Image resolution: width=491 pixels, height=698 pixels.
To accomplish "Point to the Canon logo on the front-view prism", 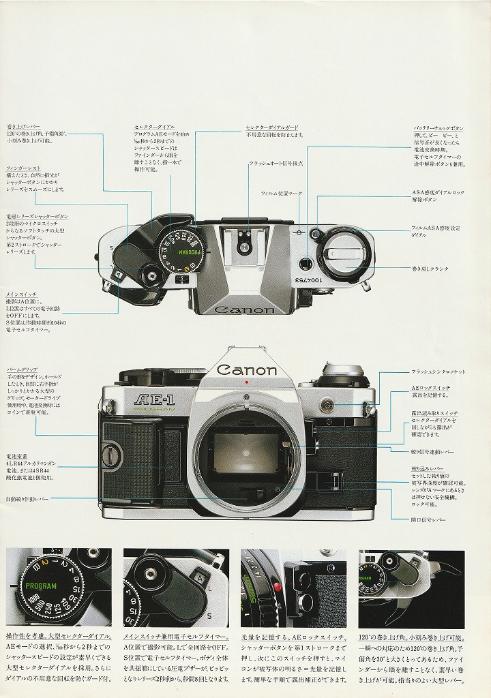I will (x=247, y=370).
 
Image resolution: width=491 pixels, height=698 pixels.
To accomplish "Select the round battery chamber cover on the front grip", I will (x=113, y=452).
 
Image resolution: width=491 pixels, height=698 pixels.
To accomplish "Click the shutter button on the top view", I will (x=151, y=277).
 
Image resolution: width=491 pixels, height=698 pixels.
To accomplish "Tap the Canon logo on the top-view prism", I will (x=245, y=310).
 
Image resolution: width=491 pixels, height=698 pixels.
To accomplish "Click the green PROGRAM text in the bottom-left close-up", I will (x=40, y=586).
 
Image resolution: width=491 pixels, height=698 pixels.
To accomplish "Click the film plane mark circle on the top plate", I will (x=298, y=232).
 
